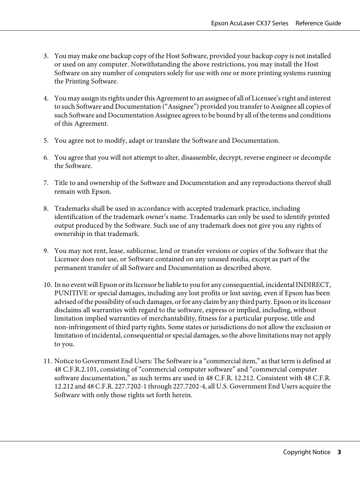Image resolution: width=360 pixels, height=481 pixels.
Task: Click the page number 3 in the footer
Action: coord(339,452)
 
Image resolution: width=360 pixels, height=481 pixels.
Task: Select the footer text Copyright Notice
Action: coord(306,452)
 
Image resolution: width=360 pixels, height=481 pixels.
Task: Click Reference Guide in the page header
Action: coord(318,23)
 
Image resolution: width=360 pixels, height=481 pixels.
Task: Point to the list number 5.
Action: coord(46,141)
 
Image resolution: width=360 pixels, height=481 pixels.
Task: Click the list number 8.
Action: coord(46,209)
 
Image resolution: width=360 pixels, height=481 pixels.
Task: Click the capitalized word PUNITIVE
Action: coord(71,293)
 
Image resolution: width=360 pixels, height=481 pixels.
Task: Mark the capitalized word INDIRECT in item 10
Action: coord(313,285)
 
